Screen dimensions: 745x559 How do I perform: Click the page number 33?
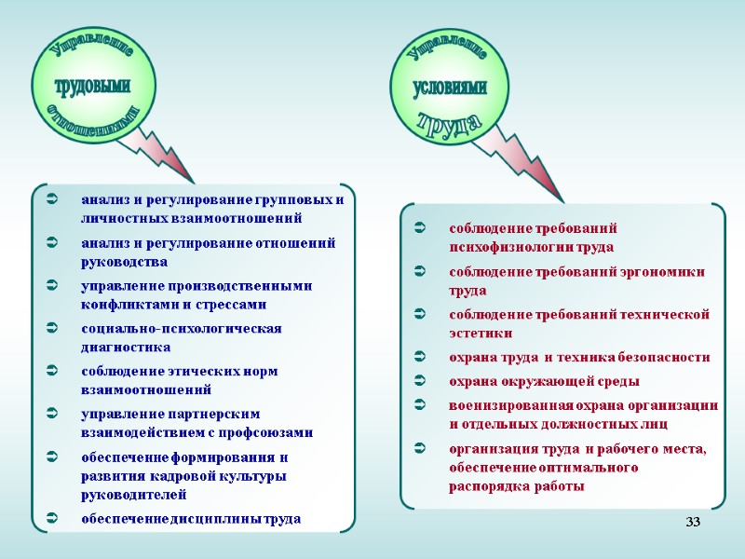point(692,521)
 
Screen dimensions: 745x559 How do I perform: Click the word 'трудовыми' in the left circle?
point(93,87)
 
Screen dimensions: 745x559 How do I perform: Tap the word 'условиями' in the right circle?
point(451,88)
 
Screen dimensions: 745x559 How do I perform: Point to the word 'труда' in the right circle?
point(450,121)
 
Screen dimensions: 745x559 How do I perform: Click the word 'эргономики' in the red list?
point(665,271)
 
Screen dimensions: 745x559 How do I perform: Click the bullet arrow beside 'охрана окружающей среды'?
point(419,381)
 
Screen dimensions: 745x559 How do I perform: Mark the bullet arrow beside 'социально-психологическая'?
point(52,329)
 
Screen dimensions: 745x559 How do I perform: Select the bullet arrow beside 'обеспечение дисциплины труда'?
point(52,518)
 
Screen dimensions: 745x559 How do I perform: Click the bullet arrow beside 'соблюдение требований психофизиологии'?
point(419,228)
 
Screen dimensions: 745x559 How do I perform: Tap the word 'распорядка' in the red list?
point(488,486)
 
